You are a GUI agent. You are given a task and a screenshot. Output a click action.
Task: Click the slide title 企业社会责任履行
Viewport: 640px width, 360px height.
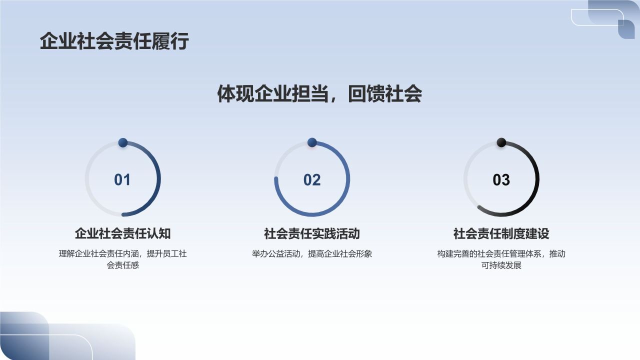[x=114, y=41]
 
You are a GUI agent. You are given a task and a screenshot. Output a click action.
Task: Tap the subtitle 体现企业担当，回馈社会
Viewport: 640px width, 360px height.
[x=319, y=93]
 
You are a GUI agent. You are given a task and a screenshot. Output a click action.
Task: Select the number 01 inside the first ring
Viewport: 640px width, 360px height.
[x=122, y=180]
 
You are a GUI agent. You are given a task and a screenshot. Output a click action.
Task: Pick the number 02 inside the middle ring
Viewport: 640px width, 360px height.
[x=312, y=180]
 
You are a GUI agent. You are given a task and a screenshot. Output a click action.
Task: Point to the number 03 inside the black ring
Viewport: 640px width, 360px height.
[x=501, y=180]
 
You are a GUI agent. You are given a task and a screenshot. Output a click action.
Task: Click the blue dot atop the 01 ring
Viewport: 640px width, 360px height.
[x=123, y=143]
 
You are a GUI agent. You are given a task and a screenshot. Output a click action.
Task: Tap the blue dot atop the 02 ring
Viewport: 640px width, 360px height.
[x=312, y=143]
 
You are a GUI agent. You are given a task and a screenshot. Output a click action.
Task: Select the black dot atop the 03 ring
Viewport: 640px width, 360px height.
[x=501, y=143]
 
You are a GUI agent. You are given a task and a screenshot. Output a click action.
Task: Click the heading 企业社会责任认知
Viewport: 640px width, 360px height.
[x=122, y=233]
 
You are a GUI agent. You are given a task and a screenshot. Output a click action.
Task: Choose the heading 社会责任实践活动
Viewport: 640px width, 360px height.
[x=312, y=233]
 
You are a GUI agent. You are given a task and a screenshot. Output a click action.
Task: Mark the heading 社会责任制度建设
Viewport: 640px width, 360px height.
[x=501, y=233]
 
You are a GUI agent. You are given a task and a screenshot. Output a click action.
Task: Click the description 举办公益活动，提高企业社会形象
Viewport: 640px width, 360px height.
[x=312, y=254]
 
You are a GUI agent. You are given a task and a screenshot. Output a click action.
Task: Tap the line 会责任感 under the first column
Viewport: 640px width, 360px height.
[x=122, y=265]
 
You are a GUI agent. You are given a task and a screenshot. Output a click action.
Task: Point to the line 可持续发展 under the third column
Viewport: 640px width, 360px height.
[x=501, y=265]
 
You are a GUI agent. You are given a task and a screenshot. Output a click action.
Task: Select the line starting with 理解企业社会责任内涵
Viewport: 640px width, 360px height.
[x=122, y=254]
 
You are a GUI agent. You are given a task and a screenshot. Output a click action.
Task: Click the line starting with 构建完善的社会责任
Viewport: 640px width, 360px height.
[x=501, y=254]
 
